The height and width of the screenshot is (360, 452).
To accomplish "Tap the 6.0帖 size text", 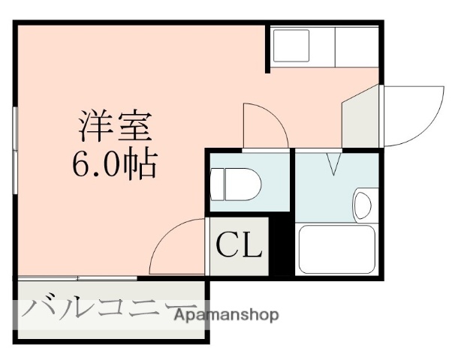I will (115, 163).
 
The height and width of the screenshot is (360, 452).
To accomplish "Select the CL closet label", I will (239, 245).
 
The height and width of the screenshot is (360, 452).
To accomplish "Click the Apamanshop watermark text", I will (226, 315).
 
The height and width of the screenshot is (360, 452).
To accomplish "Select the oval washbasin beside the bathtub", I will (363, 204).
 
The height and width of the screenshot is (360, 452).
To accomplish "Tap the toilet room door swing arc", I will (264, 124).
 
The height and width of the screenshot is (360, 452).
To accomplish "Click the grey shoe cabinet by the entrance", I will (361, 118).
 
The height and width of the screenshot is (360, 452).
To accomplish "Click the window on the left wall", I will (15, 150).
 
